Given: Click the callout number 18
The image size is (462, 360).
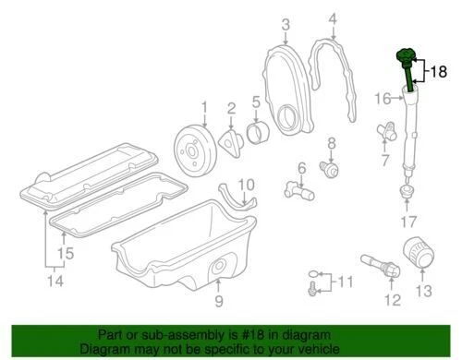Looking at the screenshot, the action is pyautogui.click(x=439, y=70).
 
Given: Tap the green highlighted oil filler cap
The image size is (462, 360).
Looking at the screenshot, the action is pyautogui.click(x=407, y=59).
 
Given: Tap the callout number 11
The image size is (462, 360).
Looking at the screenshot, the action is pyautogui.click(x=346, y=281).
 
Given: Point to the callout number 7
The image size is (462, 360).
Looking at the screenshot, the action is pyautogui.click(x=385, y=160).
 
